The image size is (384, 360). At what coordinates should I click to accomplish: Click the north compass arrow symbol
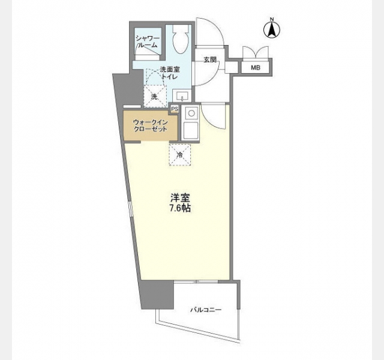click(x=272, y=29)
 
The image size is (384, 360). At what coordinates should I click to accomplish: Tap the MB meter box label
click(x=255, y=68)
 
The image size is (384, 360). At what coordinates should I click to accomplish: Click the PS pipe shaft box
click(x=175, y=109)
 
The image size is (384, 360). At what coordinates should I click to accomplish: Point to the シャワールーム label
click(x=148, y=41)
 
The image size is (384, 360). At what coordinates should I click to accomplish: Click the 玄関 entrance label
click(x=210, y=59)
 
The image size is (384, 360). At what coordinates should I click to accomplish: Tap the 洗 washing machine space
click(x=154, y=97)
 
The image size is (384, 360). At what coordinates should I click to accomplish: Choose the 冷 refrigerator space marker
click(x=180, y=155)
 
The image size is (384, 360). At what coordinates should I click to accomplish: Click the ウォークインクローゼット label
click(x=151, y=125)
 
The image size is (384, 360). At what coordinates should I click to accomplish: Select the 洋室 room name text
click(x=181, y=197)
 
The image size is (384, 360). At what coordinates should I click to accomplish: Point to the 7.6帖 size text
click(x=180, y=208)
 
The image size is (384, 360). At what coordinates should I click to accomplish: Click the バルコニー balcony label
click(x=206, y=310)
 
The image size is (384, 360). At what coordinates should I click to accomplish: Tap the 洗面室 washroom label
click(x=170, y=70)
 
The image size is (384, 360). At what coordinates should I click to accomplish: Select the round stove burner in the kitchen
click(x=191, y=113)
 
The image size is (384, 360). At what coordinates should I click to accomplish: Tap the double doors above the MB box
click(x=255, y=52)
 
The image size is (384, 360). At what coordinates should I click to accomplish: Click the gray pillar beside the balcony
click(x=157, y=295)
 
